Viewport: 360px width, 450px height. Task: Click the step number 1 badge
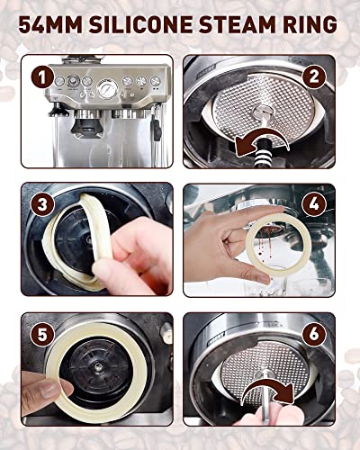click(42, 77)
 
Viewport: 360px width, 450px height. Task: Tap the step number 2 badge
click(314, 77)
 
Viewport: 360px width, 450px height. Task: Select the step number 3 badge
click(42, 205)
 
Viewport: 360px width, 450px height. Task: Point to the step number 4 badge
click(314, 205)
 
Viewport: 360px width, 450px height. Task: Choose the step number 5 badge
click(42, 335)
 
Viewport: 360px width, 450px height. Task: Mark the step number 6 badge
click(314, 335)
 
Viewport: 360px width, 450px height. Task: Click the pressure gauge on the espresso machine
click(107, 88)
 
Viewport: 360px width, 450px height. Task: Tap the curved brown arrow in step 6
click(267, 390)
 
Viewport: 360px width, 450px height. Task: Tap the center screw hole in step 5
click(97, 366)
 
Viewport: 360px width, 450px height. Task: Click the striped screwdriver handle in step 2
click(262, 157)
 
